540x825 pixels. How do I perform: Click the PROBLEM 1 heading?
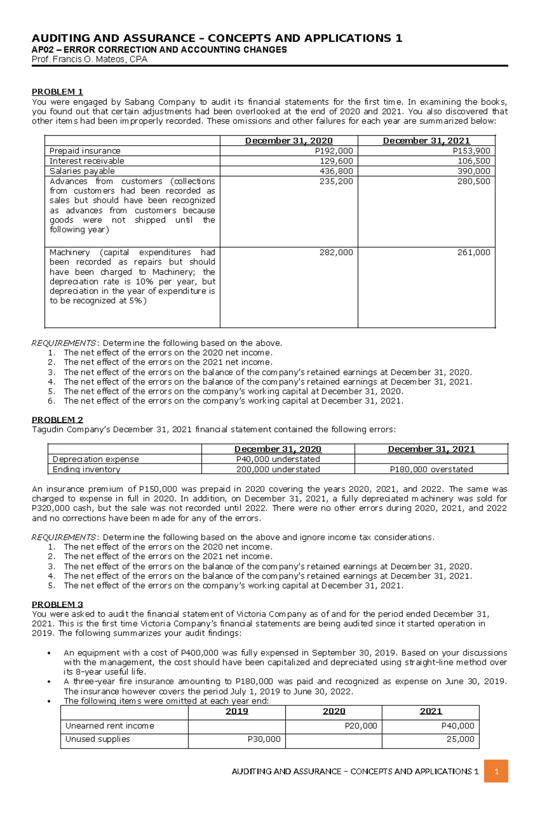click(x=57, y=92)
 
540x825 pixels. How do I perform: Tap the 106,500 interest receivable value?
click(x=473, y=161)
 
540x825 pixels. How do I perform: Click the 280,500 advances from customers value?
click(x=473, y=181)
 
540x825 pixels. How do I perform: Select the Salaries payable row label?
click(x=82, y=171)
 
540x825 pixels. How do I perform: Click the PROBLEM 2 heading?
click(x=57, y=420)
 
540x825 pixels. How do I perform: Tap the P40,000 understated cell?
click(x=278, y=459)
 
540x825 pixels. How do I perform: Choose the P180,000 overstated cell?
click(x=431, y=469)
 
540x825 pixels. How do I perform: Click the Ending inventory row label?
click(x=86, y=469)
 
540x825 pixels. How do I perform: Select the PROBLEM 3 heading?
click(x=57, y=605)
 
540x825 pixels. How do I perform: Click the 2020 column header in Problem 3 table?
click(x=333, y=711)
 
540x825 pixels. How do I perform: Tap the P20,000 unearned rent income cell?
click(x=360, y=726)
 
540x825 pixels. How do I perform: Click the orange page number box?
click(x=496, y=771)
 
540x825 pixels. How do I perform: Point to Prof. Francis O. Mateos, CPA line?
click(x=90, y=59)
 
